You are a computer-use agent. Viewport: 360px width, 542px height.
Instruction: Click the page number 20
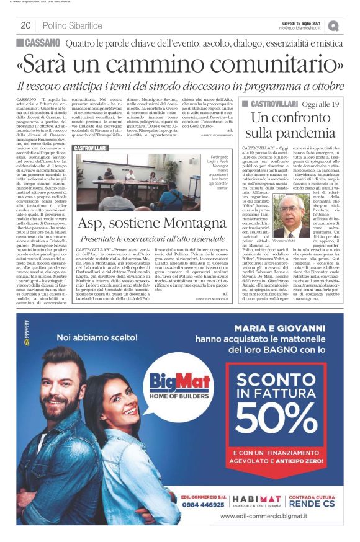coord(26,25)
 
